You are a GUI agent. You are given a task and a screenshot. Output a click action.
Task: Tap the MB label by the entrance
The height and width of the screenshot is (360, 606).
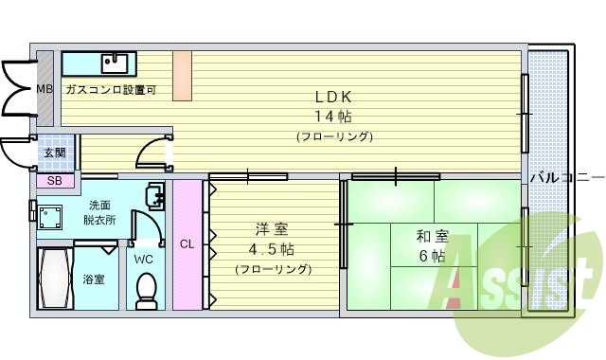[45, 89]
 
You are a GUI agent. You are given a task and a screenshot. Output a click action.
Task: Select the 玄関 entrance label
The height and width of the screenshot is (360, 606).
[53, 153]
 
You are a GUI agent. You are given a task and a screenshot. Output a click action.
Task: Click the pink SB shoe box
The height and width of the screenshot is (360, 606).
[54, 180]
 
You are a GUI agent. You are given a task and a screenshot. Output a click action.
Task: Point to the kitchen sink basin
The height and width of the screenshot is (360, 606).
[115, 63]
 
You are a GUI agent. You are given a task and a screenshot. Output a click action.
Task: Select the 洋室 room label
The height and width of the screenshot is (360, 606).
[267, 230]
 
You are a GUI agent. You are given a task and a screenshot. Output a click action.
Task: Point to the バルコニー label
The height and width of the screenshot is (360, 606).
[565, 177]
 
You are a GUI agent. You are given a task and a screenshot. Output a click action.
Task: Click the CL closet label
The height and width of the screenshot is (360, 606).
[187, 243]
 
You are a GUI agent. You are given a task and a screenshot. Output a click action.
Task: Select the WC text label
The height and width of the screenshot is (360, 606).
[143, 259]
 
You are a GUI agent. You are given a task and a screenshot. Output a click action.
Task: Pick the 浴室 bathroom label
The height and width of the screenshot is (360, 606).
[93, 280]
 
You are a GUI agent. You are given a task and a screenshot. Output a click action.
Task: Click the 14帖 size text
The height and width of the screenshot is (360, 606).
[334, 117]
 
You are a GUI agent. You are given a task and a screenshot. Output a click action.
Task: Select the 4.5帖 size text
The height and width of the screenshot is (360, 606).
[271, 250]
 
